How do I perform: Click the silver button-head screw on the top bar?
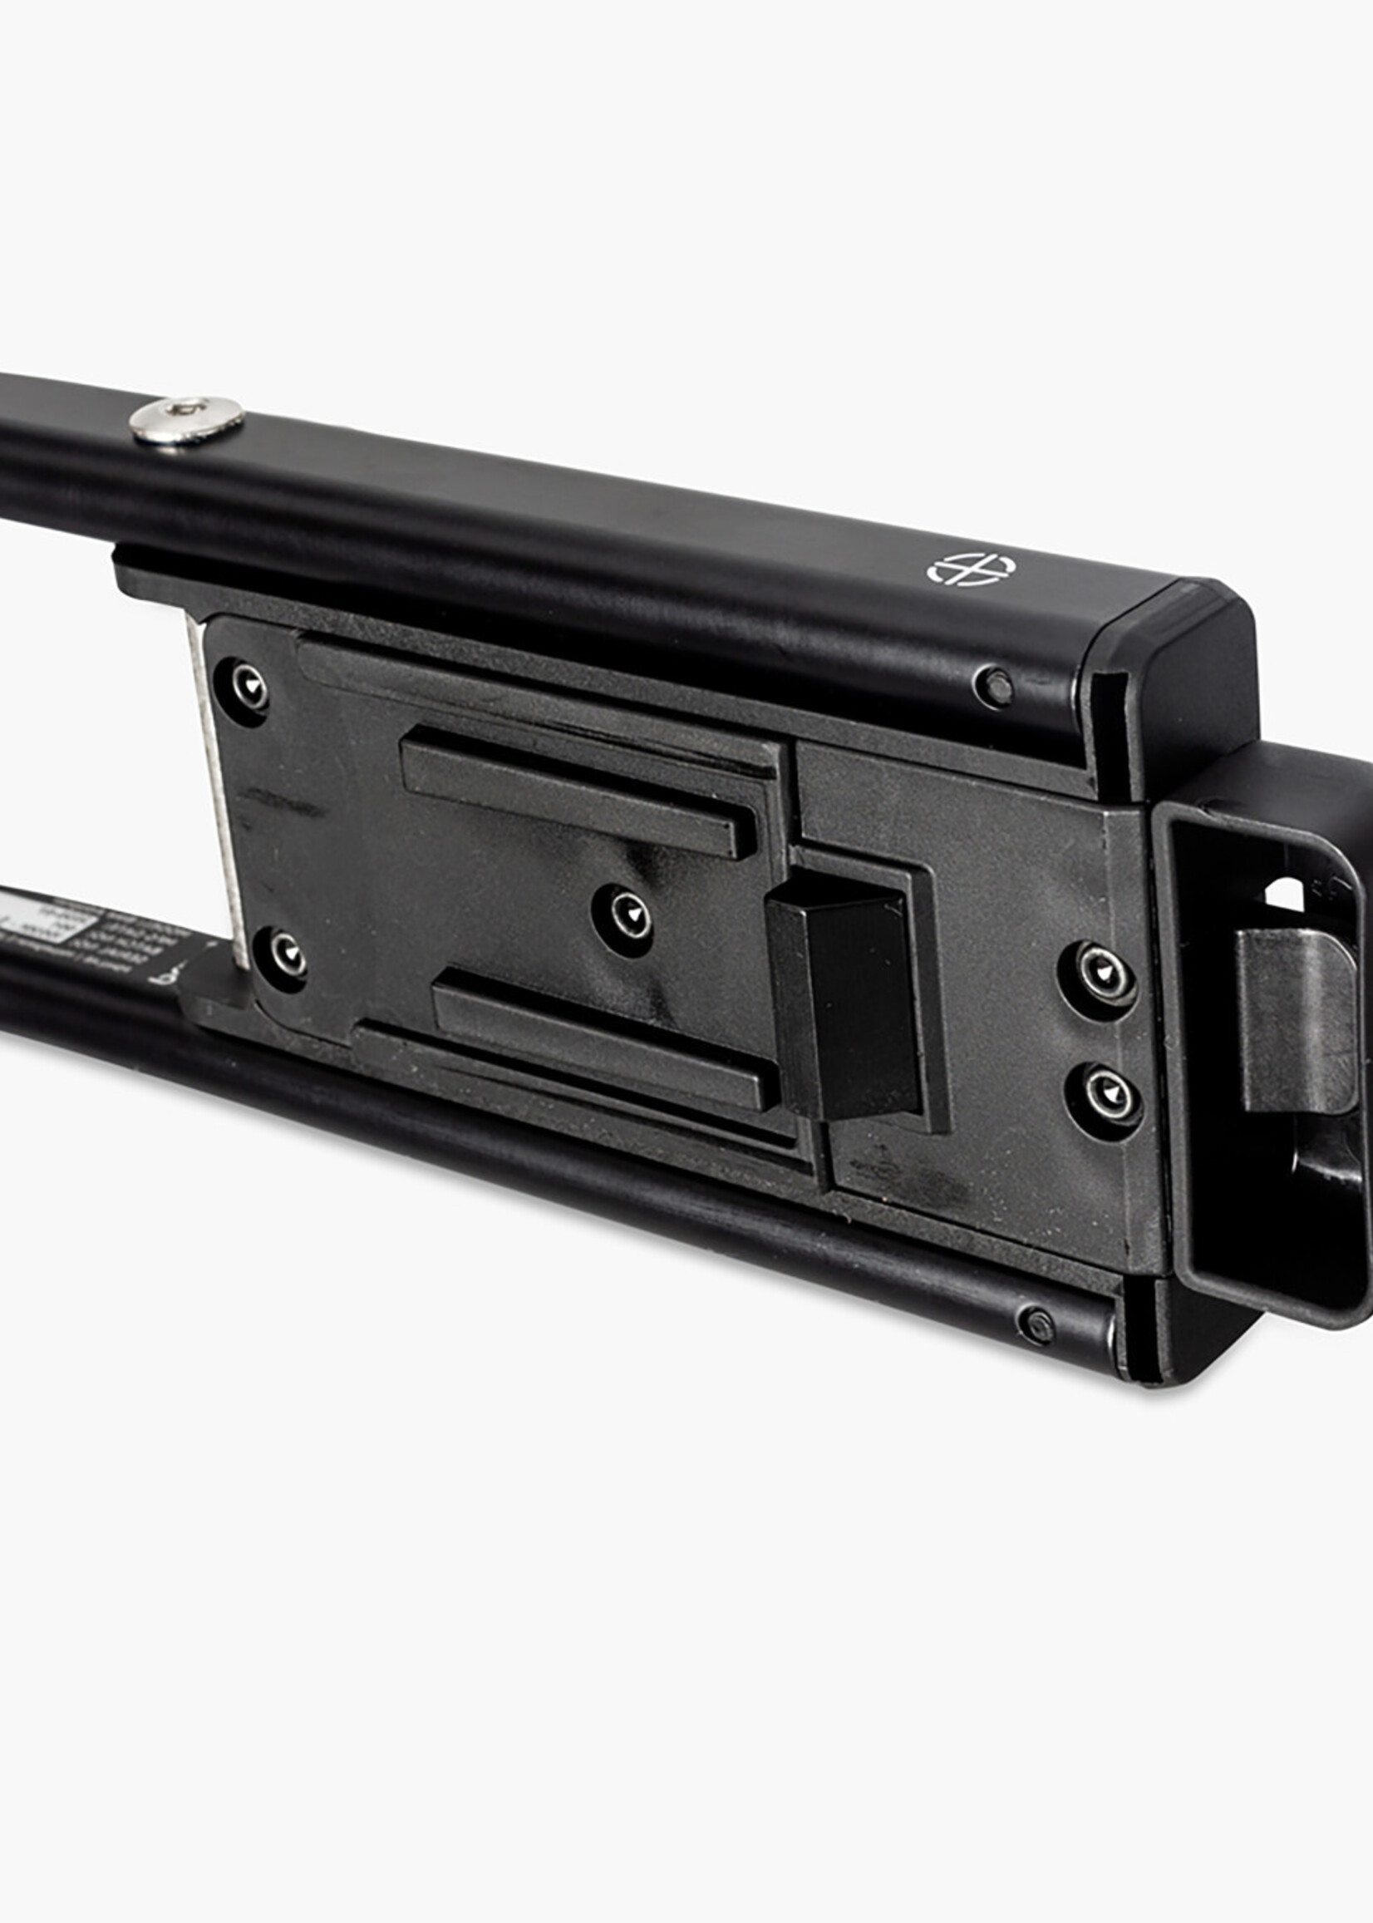(187, 420)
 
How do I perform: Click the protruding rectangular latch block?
(845, 998)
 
